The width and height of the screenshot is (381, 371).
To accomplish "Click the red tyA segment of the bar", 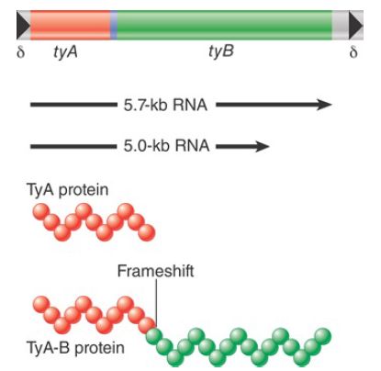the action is point(71,25).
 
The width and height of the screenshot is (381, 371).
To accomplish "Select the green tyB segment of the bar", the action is point(224,25).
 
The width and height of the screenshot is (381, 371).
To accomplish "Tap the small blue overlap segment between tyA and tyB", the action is point(114,25).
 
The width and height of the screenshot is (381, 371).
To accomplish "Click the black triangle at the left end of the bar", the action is point(23,25).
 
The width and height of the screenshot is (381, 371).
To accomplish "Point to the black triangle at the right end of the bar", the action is point(356,25).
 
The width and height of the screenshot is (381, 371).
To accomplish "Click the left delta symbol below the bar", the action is point(20,52).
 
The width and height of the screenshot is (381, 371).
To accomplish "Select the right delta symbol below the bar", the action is point(353,52).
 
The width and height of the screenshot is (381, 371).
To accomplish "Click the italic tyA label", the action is point(65,52).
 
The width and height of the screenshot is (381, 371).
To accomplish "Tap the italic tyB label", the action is point(221,51).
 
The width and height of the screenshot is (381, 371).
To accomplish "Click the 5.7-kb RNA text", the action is point(165,105).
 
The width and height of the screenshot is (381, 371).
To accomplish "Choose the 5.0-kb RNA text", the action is point(166,145).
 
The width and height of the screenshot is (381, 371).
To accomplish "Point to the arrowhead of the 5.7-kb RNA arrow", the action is point(324,105).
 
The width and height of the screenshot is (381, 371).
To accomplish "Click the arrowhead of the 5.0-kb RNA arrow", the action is point(262,146).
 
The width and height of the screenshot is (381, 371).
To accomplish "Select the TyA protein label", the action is point(68,190).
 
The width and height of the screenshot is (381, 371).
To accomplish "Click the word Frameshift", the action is point(155,271).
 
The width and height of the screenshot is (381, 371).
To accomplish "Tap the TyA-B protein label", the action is point(76,348).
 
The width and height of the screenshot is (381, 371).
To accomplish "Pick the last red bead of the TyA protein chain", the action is point(147,232).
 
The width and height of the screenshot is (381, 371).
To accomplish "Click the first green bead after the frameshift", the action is point(154,336).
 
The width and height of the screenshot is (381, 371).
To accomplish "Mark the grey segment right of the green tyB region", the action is point(341,25).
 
